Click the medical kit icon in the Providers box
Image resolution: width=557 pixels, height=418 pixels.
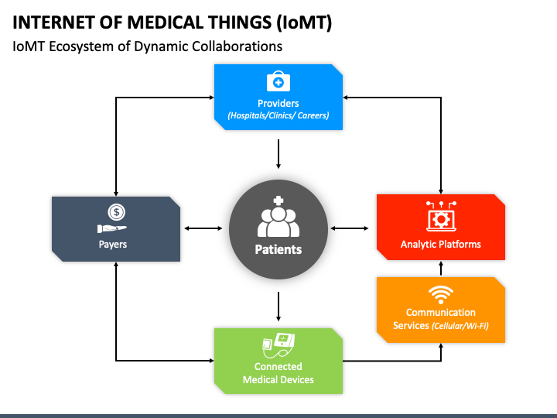point(278,81)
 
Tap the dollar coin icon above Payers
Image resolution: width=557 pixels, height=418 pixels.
point(117,212)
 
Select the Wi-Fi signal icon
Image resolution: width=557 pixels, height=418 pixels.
point(440,295)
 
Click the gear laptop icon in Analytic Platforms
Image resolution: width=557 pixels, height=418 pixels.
point(441,217)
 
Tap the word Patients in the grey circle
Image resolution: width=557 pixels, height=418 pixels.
point(278,249)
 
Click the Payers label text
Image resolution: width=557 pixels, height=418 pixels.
point(113,245)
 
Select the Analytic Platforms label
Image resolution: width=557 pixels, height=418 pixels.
point(440,244)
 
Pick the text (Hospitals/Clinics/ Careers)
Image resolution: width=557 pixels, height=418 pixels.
point(278,115)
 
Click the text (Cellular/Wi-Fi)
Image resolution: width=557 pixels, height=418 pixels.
point(460,326)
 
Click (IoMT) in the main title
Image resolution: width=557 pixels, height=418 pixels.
point(304,22)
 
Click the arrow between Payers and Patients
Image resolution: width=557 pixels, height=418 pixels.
point(203,228)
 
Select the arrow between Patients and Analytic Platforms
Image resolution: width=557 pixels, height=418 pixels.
point(349,228)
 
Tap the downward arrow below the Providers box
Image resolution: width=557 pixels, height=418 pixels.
point(278,154)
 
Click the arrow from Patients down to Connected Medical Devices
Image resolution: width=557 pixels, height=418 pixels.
point(278,307)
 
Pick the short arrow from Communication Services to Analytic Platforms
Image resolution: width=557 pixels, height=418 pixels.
point(441,269)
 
